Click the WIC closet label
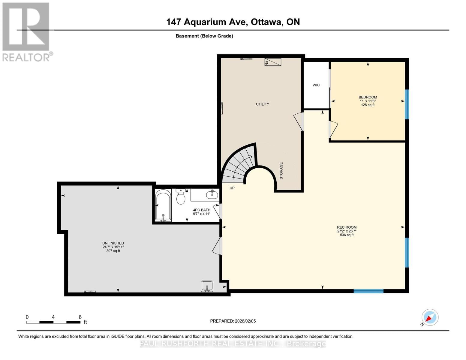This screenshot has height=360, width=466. pos(316,85)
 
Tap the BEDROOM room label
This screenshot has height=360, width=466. pos(368,97)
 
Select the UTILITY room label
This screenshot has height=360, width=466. pos(262,104)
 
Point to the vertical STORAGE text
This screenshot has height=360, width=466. pos(281,171)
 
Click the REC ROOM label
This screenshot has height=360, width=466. pos(347,227)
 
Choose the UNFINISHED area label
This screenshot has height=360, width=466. pos(113,243)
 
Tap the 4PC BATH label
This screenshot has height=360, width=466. pos(201,210)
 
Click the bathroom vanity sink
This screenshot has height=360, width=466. pos(212,195)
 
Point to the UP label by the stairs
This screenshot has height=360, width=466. pos(232,188)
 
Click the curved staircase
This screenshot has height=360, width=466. pos(239,165)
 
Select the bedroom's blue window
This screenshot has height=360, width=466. pos(407,104)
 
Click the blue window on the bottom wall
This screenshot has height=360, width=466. pos(368,291)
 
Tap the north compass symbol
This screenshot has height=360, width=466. pos(430,317)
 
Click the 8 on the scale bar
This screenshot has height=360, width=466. pos(80,317)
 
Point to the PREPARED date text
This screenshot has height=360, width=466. pos(233,321)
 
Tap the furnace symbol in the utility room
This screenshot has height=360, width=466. pos(272,62)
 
